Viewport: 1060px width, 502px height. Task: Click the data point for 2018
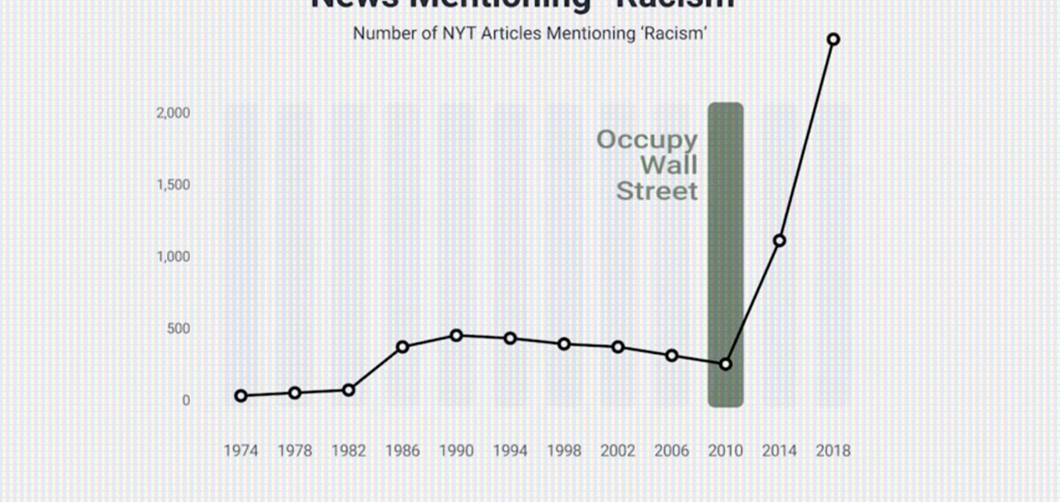833,39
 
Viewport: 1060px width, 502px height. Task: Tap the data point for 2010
726,364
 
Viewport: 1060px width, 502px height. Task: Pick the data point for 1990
456,336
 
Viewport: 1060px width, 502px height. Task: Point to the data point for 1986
403,347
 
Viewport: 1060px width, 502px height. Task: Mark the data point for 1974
240,396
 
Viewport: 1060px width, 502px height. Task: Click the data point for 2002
618,347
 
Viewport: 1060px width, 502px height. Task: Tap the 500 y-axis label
179,329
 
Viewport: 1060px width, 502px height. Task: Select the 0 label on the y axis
185,400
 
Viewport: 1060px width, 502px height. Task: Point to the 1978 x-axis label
294,451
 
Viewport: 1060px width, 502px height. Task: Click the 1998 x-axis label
564,451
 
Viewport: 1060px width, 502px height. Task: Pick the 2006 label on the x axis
672,451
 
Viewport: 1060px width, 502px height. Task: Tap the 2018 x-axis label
833,451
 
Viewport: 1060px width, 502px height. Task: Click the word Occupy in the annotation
647,140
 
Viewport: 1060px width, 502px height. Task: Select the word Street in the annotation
656,191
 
